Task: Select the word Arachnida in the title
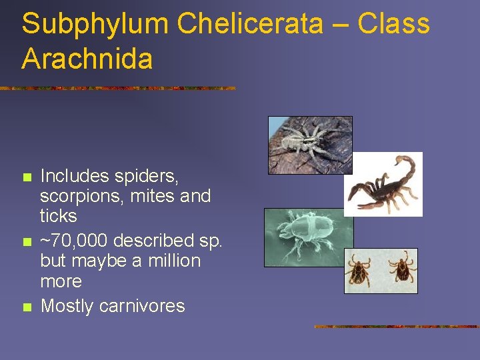(x=87, y=59)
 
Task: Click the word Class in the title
(x=394, y=25)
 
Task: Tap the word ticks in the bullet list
(x=59, y=216)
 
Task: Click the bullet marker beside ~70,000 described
(x=27, y=242)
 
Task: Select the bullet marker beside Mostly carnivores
(x=27, y=307)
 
